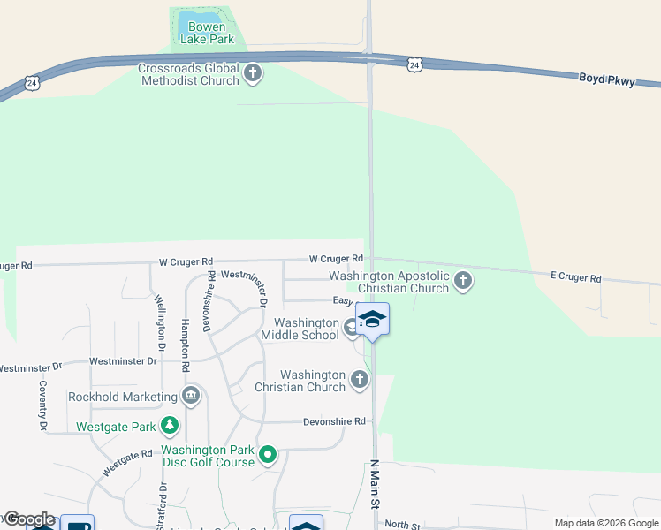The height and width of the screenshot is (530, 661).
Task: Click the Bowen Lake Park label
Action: pos(208,34)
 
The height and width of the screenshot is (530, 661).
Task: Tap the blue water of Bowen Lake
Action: pos(200,18)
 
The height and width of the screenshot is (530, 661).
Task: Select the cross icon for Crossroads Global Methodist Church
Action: pos(253,73)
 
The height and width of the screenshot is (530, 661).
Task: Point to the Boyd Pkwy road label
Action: pos(606,79)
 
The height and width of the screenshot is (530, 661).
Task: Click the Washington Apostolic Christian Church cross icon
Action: pos(462,282)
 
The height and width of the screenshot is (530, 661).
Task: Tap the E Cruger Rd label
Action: pos(574,277)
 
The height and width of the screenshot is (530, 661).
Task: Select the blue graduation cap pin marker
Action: pos(372,319)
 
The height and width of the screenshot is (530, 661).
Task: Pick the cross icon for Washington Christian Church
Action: pos(359,380)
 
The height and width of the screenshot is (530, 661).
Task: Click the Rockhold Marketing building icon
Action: pos(190,395)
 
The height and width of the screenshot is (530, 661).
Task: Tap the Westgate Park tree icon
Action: pos(171,427)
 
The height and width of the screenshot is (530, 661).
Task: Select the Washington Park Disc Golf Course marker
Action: pos(267,456)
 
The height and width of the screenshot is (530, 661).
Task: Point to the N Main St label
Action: pos(375,484)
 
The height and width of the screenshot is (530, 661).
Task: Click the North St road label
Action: pos(403,525)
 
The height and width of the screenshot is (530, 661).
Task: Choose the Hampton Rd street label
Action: pos(186,344)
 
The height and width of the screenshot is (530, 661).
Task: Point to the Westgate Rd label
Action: pos(127,463)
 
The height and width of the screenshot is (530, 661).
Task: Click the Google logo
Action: pos(28,519)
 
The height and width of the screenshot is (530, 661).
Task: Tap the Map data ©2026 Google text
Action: pos(605,523)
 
